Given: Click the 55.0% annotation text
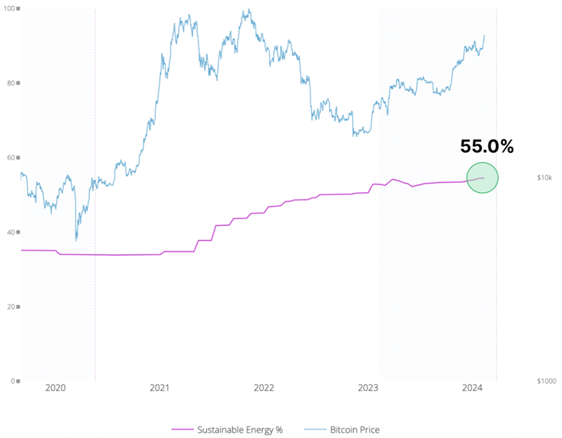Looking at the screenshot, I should (487, 146).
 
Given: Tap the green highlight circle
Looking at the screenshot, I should (482, 178).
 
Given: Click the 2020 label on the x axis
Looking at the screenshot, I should (56, 388).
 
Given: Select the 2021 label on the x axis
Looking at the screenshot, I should (160, 388).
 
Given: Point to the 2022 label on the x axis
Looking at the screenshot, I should (264, 388).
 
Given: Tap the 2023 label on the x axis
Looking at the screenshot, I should (368, 388).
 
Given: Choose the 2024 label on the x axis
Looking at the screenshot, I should (472, 388).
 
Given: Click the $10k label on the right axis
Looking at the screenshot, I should (544, 178).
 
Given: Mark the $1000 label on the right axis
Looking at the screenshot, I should (546, 381).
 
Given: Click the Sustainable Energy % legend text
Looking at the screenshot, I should (240, 430).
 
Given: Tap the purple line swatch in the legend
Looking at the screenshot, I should (182, 430).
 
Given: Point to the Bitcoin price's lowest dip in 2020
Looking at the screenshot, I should (75, 241).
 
